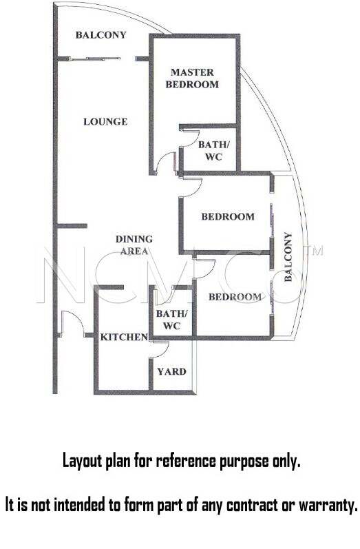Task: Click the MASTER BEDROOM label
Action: pos(192,79)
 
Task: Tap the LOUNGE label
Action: pos(105,121)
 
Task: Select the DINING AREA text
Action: pos(134,245)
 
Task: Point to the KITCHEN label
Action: pos(124,337)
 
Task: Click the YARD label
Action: pos(171,371)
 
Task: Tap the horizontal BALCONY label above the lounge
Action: pos(100,34)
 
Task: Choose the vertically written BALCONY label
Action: pos(288,257)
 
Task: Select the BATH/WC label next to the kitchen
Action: pos(172,320)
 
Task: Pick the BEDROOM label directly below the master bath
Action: pos(228,216)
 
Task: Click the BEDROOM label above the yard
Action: pos(235,297)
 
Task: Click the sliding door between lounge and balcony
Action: pos(95,59)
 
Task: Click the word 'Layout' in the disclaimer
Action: pos(83,461)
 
